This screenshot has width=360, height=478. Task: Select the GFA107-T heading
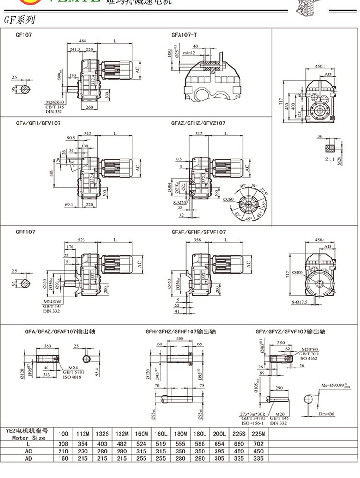coord(184,35)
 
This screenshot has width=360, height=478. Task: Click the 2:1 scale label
coord(330,159)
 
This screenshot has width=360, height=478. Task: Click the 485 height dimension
coord(51,173)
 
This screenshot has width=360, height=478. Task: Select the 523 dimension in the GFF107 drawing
coord(83,239)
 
